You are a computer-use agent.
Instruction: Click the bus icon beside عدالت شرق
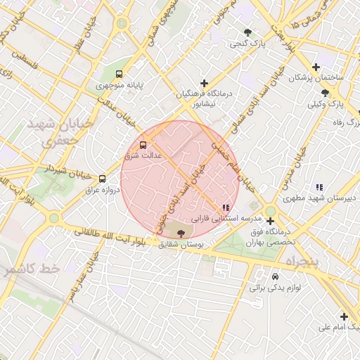[143, 145]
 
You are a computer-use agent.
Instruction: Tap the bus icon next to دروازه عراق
[103, 179]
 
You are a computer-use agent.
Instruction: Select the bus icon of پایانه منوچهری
[118, 73]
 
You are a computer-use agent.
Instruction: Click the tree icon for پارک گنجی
[247, 32]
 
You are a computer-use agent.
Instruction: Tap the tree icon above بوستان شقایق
[182, 233]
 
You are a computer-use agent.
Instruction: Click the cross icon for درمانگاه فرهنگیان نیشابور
[204, 82]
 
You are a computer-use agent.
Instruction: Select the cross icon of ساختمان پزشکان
[316, 66]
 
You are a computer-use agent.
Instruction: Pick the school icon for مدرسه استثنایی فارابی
[225, 207]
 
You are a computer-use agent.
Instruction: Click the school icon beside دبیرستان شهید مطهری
[319, 187]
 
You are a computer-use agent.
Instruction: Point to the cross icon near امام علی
[344, 316]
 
